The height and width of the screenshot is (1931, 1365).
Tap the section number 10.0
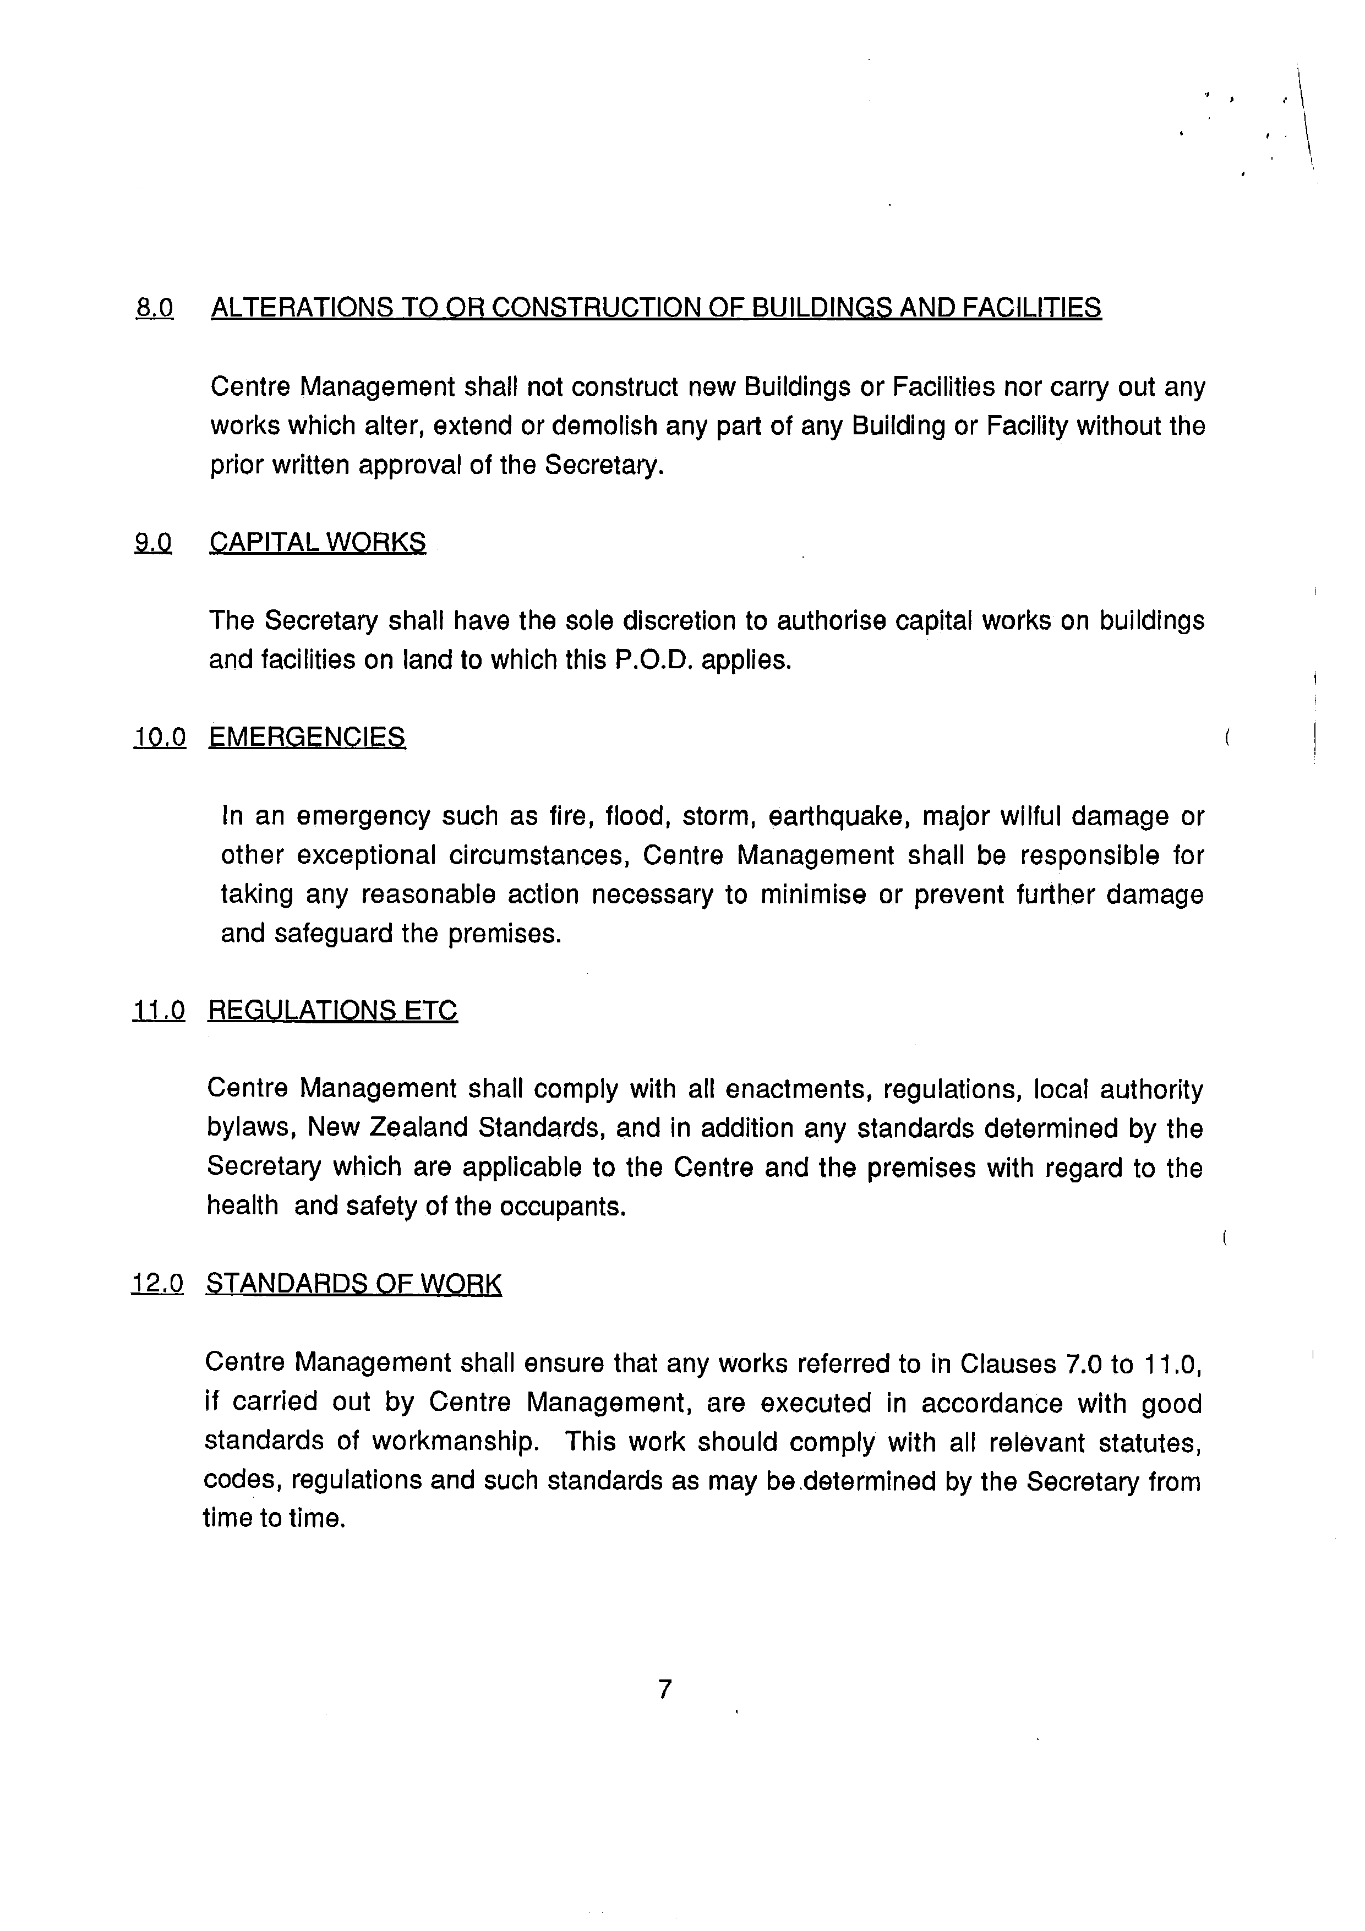pyautogui.click(x=160, y=738)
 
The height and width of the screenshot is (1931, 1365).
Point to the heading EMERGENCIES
pyautogui.click(x=307, y=738)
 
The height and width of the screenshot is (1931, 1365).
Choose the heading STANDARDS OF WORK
pyautogui.click(x=353, y=1284)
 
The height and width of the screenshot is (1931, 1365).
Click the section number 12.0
pyautogui.click(x=157, y=1284)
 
